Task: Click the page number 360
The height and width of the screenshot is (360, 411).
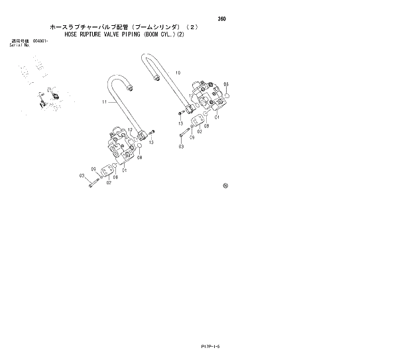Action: point(221,19)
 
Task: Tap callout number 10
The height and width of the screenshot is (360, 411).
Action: point(178,72)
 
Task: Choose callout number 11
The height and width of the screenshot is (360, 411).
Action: point(104,102)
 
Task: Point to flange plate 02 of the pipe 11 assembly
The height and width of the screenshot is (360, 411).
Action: point(105,174)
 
